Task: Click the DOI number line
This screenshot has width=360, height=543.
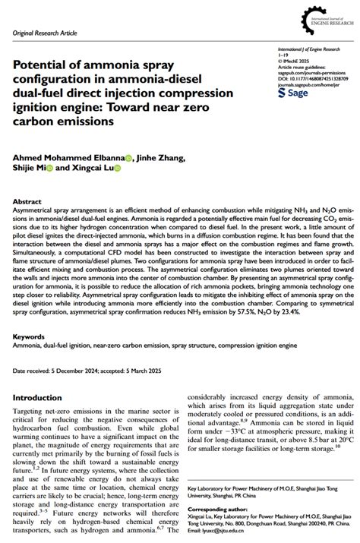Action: pos(313,78)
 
